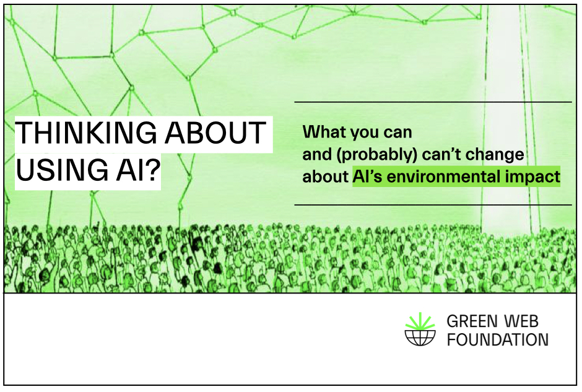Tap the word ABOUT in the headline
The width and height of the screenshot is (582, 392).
(x=215, y=133)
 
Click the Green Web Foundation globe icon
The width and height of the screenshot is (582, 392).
(x=420, y=329)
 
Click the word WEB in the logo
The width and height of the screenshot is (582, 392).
(x=521, y=321)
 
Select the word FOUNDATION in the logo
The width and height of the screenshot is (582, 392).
(x=497, y=339)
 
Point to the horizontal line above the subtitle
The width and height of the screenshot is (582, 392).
(x=433, y=102)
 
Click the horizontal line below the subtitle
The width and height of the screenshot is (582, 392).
(x=433, y=204)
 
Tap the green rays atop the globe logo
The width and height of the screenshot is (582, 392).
(x=420, y=321)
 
